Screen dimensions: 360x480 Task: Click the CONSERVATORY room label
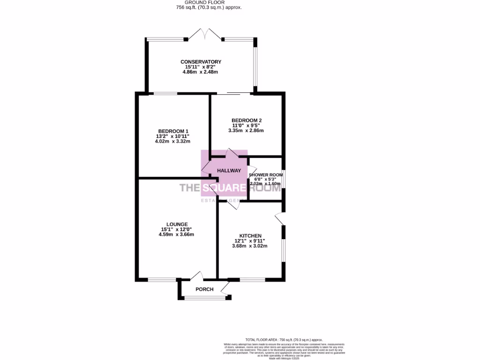201,62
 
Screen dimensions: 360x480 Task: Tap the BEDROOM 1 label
173,131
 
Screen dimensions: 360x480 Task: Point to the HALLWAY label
229,171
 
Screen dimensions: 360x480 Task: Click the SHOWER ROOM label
265,175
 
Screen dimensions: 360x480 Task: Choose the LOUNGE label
176,224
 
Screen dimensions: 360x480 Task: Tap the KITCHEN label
250,236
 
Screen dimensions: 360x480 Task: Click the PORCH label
204,289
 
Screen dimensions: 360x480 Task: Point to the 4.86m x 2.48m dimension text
201,73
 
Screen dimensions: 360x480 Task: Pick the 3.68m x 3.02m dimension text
250,246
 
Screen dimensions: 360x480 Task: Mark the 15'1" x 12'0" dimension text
176,229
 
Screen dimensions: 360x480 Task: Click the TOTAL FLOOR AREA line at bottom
284,339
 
